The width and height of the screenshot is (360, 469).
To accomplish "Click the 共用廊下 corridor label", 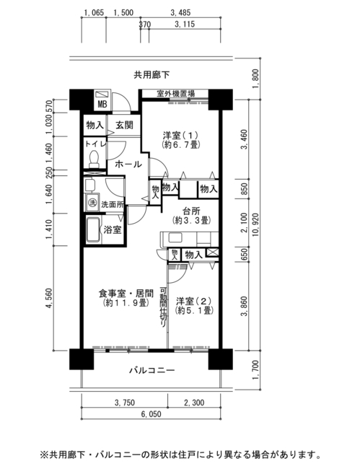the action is (x=152, y=75).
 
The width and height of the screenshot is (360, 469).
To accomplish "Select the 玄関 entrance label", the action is (x=124, y=125).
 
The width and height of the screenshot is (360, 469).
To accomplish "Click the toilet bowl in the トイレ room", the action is (x=95, y=159).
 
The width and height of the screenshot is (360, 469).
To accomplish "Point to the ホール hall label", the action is (x=128, y=164).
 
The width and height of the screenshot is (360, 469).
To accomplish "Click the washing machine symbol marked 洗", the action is (x=92, y=203).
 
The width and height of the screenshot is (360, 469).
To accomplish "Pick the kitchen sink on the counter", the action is (x=175, y=238).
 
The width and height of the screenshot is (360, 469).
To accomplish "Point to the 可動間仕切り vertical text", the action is (x=163, y=307).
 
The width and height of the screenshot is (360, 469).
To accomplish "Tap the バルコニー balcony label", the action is (x=152, y=371).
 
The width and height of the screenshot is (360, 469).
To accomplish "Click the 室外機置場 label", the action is (x=175, y=94).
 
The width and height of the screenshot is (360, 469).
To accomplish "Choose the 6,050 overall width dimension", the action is (x=151, y=414).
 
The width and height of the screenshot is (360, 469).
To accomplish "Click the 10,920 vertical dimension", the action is (x=255, y=224).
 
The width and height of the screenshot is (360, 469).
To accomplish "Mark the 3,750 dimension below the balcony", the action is (x=125, y=403).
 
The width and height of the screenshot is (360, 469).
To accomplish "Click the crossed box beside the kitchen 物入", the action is (x=213, y=252).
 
